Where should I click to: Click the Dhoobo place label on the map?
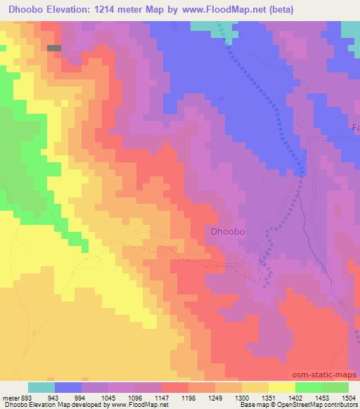tap(227, 231)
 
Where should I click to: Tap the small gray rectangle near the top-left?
tap(54, 48)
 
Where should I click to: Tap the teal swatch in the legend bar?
tap(41, 387)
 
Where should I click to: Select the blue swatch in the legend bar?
tap(67, 387)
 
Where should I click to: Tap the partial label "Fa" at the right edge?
tap(355, 128)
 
